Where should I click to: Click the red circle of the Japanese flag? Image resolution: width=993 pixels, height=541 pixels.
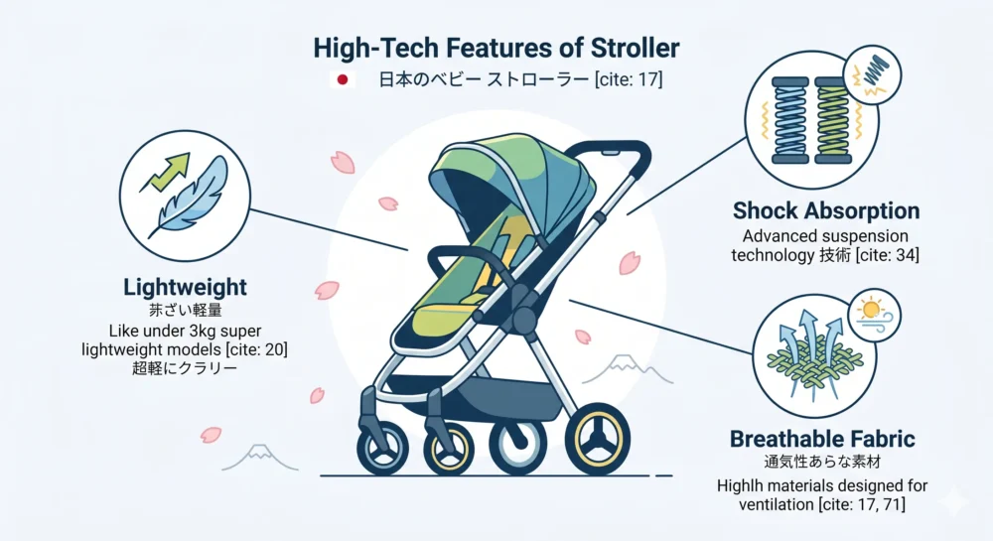point(343,79)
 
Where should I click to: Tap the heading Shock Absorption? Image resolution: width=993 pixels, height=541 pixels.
point(826,210)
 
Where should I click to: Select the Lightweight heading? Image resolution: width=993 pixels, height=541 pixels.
point(185,287)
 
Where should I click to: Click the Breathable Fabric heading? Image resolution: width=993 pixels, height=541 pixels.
point(822,439)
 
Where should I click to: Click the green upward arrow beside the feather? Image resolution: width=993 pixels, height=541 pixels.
point(165,172)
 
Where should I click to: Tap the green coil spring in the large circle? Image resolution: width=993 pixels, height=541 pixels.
point(833,120)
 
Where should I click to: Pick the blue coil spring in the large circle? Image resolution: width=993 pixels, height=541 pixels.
point(789,120)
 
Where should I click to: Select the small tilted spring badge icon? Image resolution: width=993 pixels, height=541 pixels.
point(872,73)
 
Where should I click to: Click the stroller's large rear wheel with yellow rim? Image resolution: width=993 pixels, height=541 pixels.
point(597,439)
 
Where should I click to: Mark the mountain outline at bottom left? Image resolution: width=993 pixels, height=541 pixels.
point(259,458)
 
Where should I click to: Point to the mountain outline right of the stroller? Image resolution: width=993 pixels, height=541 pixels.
point(627,369)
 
